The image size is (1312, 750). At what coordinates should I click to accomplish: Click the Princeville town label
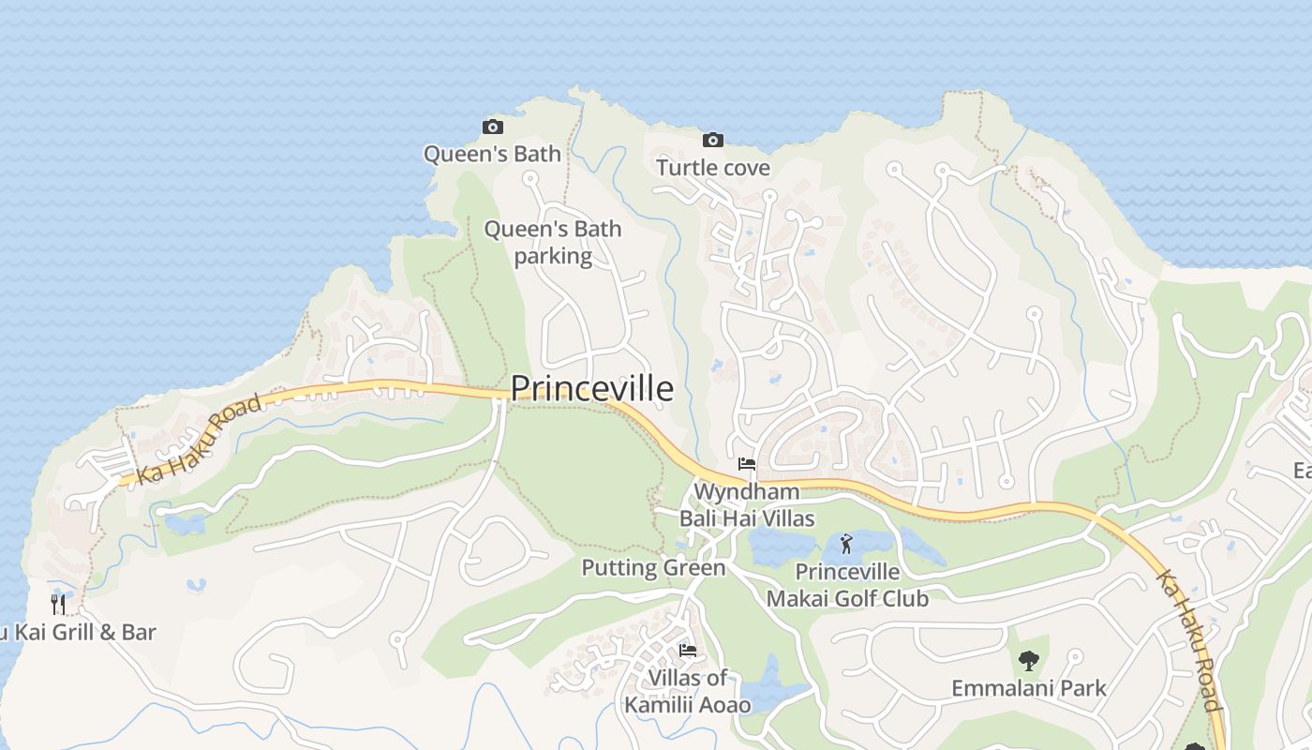click(x=591, y=388)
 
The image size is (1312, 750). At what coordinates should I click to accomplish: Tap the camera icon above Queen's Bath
click(x=492, y=127)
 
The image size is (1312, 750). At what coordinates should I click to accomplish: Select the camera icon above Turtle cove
click(x=712, y=141)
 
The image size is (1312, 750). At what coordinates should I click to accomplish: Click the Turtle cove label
click(x=712, y=168)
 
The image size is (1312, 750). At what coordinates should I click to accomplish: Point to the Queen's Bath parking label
click(x=553, y=242)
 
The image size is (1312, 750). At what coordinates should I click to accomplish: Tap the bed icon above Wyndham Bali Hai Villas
click(x=747, y=464)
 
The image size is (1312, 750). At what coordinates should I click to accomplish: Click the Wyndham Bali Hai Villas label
click(x=746, y=504)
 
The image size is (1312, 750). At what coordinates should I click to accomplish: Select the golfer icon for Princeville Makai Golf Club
click(x=846, y=543)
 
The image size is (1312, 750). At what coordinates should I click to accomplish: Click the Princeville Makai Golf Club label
click(x=847, y=585)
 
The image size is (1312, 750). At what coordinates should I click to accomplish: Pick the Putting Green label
click(x=653, y=567)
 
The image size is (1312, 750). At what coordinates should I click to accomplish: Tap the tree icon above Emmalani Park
click(x=1029, y=660)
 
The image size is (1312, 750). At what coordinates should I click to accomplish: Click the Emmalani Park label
click(x=1028, y=688)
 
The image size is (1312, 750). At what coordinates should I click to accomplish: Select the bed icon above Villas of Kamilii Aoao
click(x=688, y=651)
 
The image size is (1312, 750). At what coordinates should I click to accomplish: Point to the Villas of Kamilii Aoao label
click(x=688, y=691)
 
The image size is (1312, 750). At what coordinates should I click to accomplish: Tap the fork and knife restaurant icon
click(x=58, y=604)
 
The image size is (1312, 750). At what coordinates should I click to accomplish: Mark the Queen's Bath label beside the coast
click(x=492, y=154)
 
